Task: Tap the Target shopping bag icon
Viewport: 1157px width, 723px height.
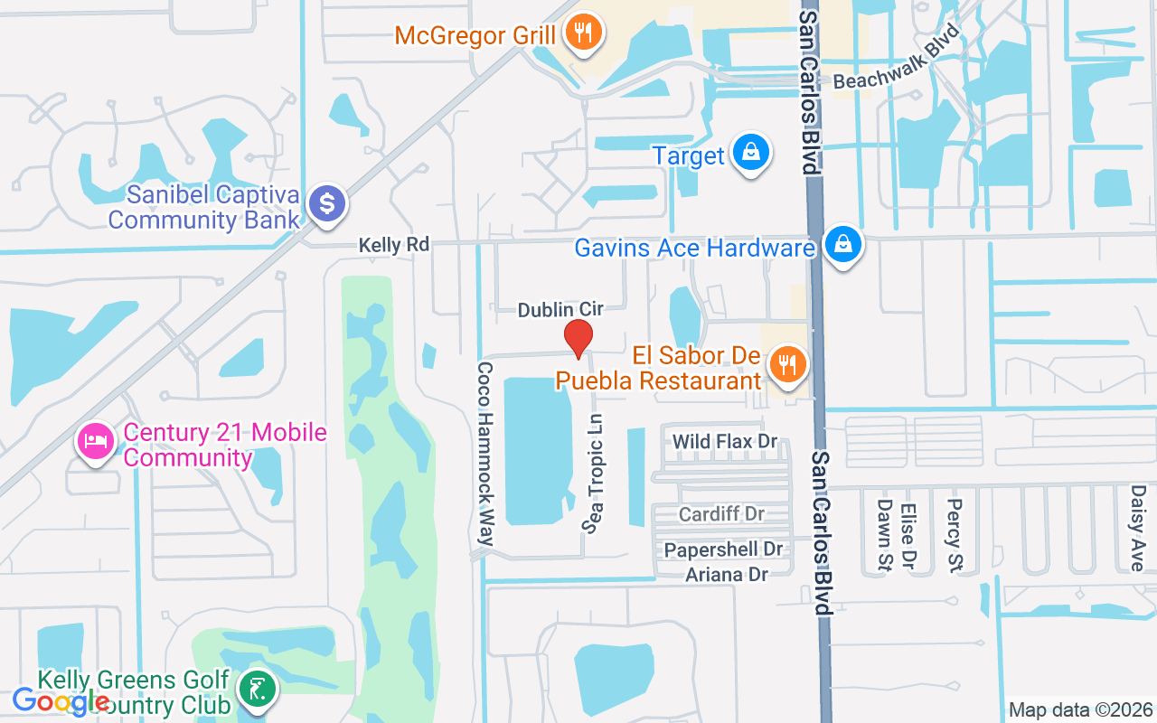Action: point(750,154)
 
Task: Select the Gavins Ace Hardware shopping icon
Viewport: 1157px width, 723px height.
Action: point(842,245)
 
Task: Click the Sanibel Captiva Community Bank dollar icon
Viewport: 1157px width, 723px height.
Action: point(327,204)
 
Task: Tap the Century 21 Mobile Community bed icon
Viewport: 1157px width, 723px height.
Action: point(94,441)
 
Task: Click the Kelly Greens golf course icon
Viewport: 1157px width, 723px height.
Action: point(258,690)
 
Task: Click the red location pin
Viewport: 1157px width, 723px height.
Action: point(578,338)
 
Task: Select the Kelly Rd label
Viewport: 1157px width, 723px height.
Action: point(393,245)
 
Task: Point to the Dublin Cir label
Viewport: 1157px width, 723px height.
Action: point(560,310)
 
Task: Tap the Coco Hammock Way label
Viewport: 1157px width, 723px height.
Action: point(485,455)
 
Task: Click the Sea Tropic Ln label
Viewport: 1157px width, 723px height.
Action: point(594,474)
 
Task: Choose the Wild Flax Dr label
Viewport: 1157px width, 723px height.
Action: point(725,442)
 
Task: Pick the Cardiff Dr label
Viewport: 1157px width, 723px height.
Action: point(721,514)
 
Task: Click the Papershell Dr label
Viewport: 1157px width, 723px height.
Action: point(723,549)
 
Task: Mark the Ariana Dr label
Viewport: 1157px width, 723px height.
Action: point(726,575)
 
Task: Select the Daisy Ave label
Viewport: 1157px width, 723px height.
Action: point(1138,528)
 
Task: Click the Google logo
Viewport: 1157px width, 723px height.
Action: point(61,700)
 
